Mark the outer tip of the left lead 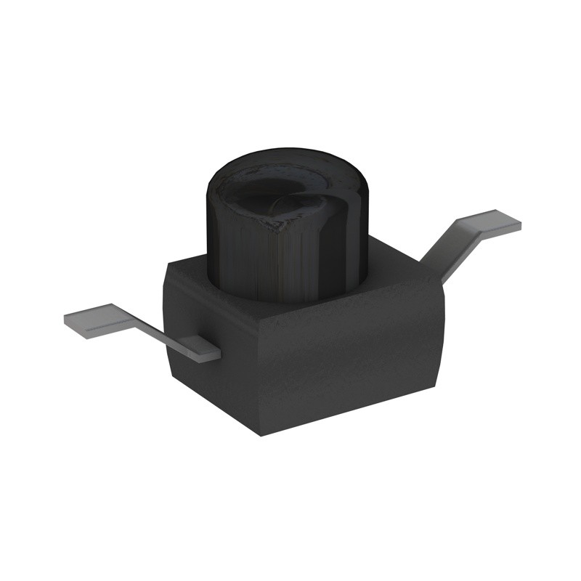click(67, 320)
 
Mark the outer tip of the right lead click(520, 226)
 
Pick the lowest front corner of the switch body click(259, 434)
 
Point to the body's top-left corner click(168, 264)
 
